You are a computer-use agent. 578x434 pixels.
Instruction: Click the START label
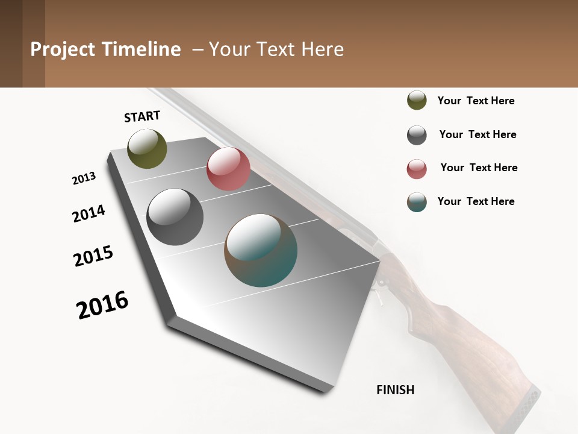pyautogui.click(x=142, y=116)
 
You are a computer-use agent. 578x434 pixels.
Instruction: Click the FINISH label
pyautogui.click(x=395, y=390)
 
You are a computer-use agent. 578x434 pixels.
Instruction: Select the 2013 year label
pyautogui.click(x=84, y=178)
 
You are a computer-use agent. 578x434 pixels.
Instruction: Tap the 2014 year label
pyautogui.click(x=89, y=213)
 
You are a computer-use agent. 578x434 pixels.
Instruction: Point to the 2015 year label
pyautogui.click(x=93, y=256)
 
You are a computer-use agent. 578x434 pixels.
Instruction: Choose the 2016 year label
pyautogui.click(x=102, y=304)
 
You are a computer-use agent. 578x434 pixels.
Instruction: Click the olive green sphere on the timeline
pyautogui.click(x=147, y=148)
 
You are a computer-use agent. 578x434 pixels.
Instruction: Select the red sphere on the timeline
pyautogui.click(x=228, y=169)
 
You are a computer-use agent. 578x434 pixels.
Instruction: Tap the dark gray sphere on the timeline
pyautogui.click(x=175, y=217)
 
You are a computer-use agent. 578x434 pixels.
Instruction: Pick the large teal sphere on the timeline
pyautogui.click(x=261, y=250)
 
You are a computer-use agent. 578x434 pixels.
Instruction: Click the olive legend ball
pyautogui.click(x=417, y=100)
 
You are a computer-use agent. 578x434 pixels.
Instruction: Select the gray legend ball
pyautogui.click(x=417, y=135)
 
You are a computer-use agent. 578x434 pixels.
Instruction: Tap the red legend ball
pyautogui.click(x=417, y=169)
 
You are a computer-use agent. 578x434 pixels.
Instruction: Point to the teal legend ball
pyautogui.click(x=417, y=202)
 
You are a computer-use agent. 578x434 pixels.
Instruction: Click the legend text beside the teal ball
pyautogui.click(x=476, y=201)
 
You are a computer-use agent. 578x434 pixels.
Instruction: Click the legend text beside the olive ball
pyautogui.click(x=476, y=101)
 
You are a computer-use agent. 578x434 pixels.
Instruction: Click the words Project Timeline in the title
pyautogui.click(x=105, y=49)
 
